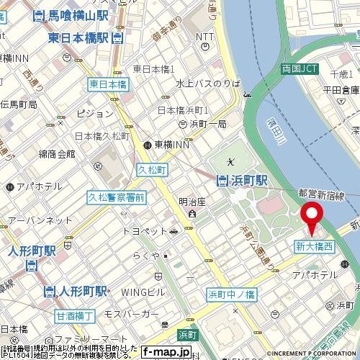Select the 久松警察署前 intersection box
(x=116, y=197)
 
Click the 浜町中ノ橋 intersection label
(x=231, y=294)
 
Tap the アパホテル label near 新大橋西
(x=315, y=276)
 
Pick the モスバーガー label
(x=131, y=315)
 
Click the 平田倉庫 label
(x=341, y=90)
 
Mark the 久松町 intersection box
(x=151, y=170)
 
